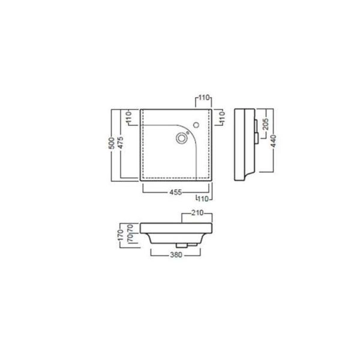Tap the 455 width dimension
click(174, 192)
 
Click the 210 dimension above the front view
click(199, 213)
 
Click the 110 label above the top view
click(204, 97)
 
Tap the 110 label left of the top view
click(129, 118)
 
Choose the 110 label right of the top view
click(221, 118)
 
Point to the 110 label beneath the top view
click(204, 198)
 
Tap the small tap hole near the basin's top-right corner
click(195, 125)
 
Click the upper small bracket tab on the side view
click(256, 124)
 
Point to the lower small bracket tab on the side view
click(256, 139)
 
